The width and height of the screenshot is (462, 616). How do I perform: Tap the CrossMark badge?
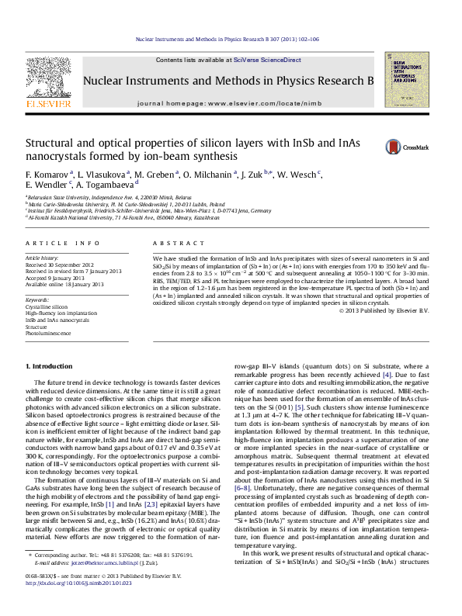[406, 145]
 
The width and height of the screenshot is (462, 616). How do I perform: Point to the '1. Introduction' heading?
[49, 365]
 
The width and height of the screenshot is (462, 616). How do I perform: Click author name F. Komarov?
[49, 174]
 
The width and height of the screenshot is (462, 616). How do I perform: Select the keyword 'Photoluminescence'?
[52, 334]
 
